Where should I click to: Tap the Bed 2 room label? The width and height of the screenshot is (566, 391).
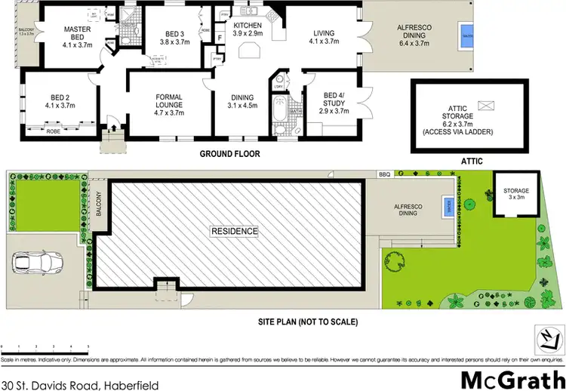[60, 101]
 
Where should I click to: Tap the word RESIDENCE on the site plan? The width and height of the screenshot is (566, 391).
[234, 231]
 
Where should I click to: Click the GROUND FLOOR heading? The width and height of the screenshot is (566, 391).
[229, 154]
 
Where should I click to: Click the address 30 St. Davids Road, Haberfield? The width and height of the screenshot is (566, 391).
[80, 365]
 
